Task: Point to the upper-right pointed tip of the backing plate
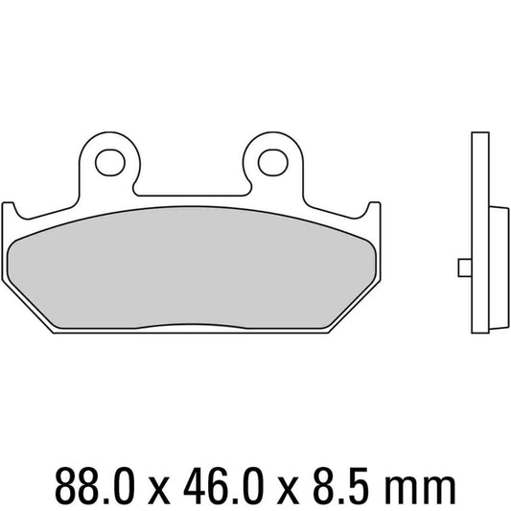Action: pyautogui.click(x=374, y=205)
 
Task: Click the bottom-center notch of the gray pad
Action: pyautogui.click(x=192, y=329)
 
